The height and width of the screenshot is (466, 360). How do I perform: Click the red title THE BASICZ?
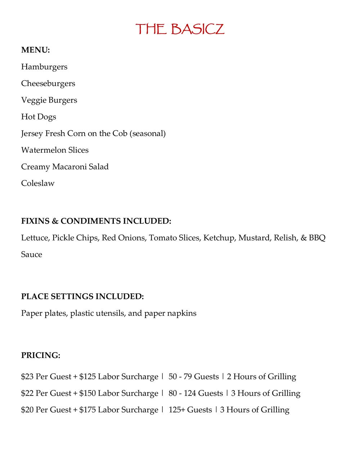click(x=180, y=29)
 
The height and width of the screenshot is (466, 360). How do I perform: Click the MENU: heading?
click(x=35, y=50)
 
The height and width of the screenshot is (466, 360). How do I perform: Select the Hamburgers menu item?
click(x=44, y=67)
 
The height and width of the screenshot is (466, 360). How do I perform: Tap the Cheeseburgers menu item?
click(x=48, y=84)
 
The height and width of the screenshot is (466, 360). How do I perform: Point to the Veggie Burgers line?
click(x=49, y=100)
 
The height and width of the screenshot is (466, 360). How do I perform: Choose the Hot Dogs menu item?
click(x=39, y=117)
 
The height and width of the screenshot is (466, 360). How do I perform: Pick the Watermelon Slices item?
click(x=55, y=150)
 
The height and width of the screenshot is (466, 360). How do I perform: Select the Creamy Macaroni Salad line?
click(x=65, y=167)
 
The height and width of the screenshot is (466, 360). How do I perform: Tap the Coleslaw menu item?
click(x=38, y=183)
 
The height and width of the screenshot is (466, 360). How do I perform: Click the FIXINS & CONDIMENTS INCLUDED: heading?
click(x=96, y=221)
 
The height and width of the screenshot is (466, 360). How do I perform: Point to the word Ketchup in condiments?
click(x=219, y=238)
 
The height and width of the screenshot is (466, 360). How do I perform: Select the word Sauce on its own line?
click(x=32, y=255)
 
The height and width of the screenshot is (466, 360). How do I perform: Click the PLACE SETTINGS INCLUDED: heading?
click(x=82, y=297)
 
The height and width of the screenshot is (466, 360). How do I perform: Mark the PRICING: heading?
click(x=41, y=355)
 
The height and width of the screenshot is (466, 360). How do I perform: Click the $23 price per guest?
click(x=27, y=377)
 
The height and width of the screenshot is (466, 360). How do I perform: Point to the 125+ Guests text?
click(x=190, y=410)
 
